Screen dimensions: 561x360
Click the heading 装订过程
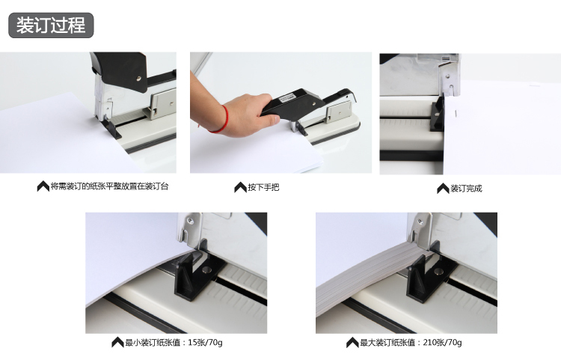(x=51, y=25)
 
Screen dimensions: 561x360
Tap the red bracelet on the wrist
(x=221, y=120)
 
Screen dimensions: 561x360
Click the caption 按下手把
(x=263, y=187)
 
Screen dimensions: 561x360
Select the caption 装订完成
(x=466, y=188)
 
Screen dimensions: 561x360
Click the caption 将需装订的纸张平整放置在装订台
(x=109, y=186)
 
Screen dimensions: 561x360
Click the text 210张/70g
(x=442, y=343)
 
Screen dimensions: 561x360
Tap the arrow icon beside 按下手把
(x=240, y=187)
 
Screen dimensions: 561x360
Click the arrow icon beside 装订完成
(x=443, y=188)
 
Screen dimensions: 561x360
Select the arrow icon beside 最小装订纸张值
(x=117, y=342)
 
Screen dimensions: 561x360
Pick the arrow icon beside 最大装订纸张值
(x=352, y=343)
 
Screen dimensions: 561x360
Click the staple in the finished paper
(x=456, y=114)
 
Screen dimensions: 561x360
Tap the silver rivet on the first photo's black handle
(x=139, y=78)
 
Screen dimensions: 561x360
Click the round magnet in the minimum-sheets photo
(x=206, y=270)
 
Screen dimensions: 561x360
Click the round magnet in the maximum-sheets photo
(x=438, y=271)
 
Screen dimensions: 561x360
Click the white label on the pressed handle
(x=287, y=97)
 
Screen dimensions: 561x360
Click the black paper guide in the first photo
(x=111, y=128)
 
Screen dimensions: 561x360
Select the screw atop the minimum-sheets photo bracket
(x=191, y=221)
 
